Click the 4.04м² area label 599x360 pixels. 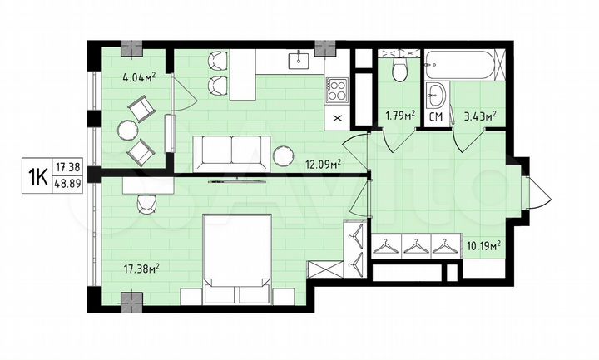139,80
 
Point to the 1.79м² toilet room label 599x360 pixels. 399,116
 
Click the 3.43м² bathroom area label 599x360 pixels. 479,116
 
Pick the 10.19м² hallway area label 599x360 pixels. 482,245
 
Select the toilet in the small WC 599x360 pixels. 398,69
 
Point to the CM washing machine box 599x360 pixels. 435,116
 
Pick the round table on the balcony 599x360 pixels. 127,129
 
